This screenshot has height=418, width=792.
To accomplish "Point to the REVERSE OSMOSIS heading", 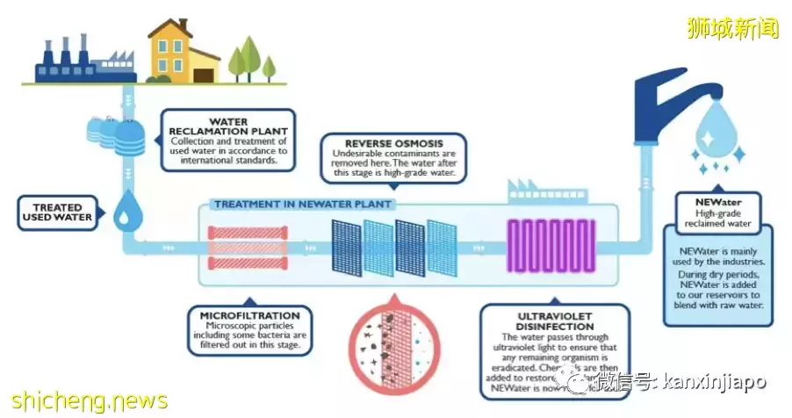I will coord(393,143).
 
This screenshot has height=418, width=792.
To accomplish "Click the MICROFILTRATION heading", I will coord(249,315).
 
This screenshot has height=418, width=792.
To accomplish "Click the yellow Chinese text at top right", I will coord(733,28).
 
